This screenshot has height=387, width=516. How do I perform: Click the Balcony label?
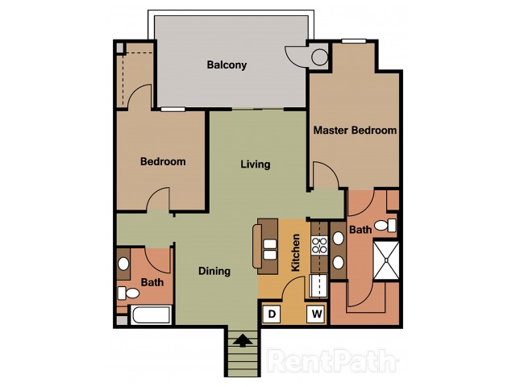227,64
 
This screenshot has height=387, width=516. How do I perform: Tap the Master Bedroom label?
355,131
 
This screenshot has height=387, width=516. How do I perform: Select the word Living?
256,164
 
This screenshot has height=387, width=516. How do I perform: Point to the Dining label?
214,271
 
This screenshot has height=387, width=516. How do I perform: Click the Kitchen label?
296,252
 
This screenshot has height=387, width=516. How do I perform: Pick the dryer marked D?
272,314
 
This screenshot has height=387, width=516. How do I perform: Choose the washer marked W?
317,314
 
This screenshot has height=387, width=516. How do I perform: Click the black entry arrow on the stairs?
243,340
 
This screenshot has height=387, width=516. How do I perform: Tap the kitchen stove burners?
319,245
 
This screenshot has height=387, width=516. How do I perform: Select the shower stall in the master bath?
386,260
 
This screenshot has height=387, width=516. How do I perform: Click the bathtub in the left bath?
152,315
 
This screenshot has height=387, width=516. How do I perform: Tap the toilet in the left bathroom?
128,293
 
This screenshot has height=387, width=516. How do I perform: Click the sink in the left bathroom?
123,264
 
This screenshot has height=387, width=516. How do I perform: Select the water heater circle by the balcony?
319,57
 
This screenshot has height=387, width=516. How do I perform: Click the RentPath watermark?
332,360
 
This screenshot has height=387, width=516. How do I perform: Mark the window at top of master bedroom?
354,41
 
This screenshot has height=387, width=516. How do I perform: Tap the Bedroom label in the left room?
163,161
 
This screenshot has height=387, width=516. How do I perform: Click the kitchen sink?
318,285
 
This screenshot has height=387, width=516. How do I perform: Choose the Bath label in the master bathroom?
360,229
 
